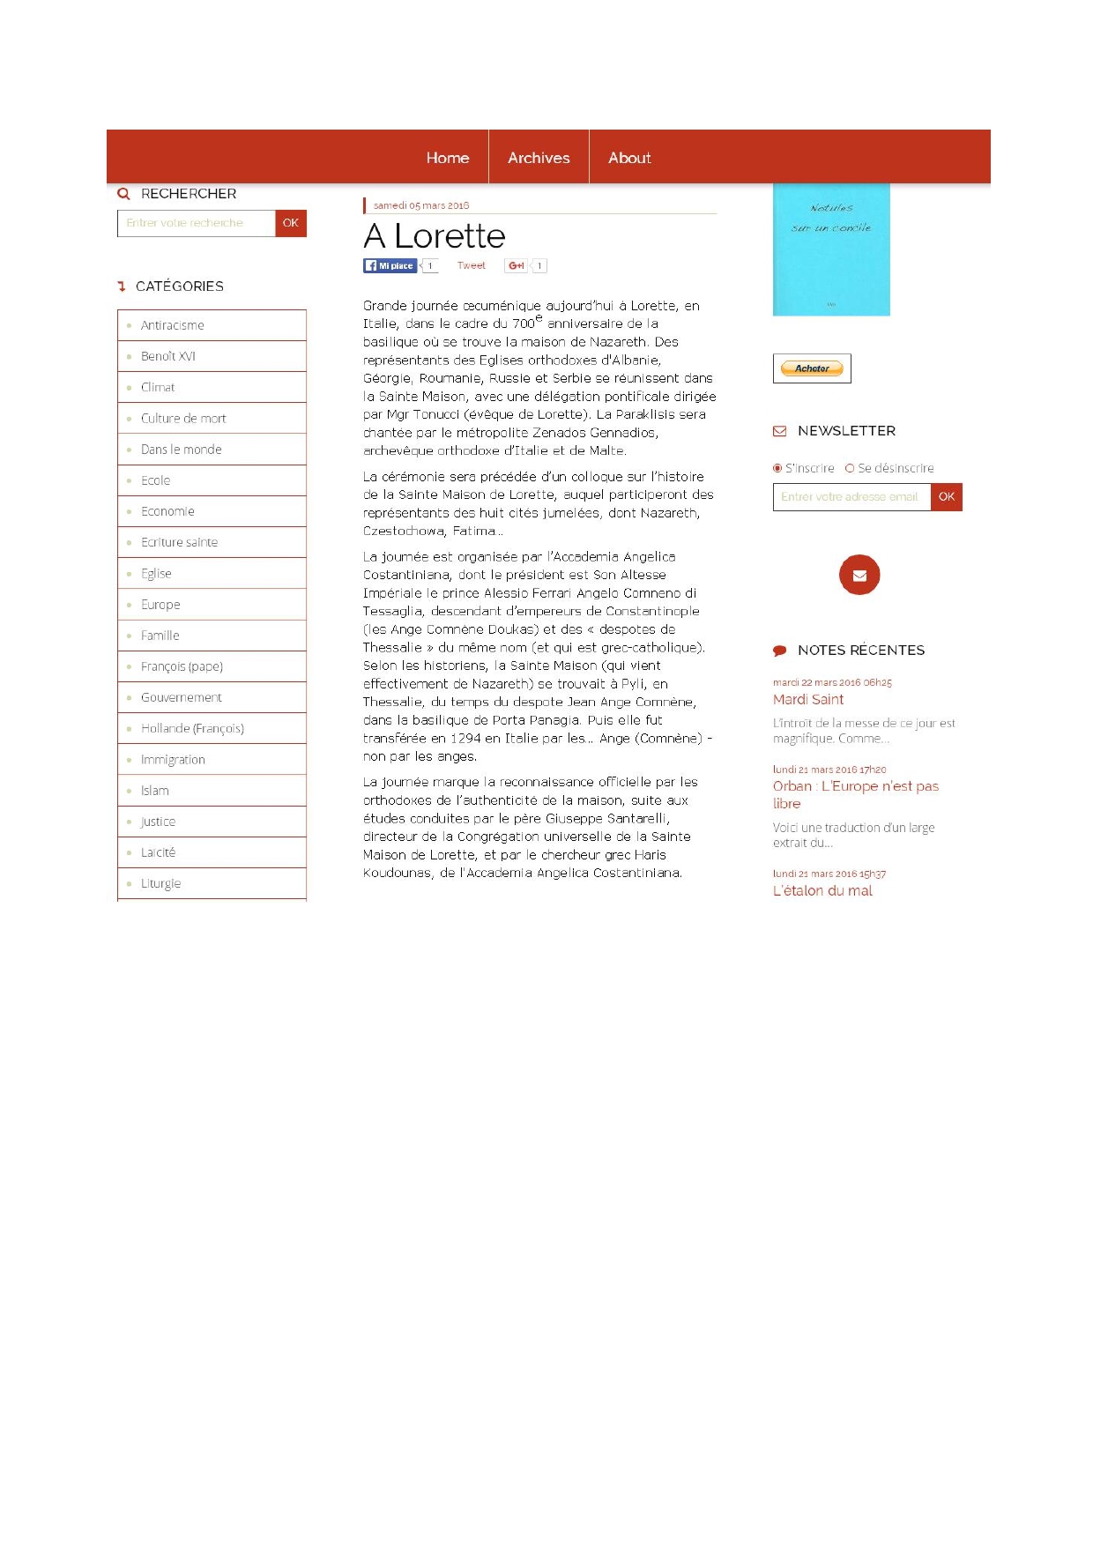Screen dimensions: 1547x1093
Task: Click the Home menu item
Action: pyautogui.click(x=447, y=158)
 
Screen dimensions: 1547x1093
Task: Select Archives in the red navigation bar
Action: pyautogui.click(x=539, y=158)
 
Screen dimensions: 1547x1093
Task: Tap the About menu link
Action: pyautogui.click(x=629, y=158)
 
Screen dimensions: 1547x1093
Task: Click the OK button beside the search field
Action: pyautogui.click(x=291, y=223)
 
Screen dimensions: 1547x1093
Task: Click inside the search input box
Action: pyautogui.click(x=197, y=223)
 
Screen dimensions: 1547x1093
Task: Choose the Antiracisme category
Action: pyautogui.click(x=173, y=325)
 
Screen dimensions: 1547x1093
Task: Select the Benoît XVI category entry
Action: pyautogui.click(x=168, y=356)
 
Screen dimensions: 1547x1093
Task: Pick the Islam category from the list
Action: pyautogui.click(x=155, y=791)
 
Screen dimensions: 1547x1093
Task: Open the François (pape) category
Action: pyautogui.click(x=182, y=666)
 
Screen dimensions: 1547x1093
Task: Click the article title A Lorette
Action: pyautogui.click(x=435, y=236)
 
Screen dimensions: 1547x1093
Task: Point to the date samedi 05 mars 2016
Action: pyautogui.click(x=421, y=205)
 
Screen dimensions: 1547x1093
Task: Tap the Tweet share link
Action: pyautogui.click(x=471, y=265)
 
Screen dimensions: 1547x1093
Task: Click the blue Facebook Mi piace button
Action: pyautogui.click(x=390, y=265)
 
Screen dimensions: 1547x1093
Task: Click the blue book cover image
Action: pyautogui.click(x=831, y=249)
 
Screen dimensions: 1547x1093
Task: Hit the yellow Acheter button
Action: pyautogui.click(x=812, y=368)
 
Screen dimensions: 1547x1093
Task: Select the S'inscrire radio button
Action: pyautogui.click(x=777, y=468)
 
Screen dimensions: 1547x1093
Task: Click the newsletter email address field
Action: pyautogui.click(x=851, y=497)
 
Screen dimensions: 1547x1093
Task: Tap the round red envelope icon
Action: pyautogui.click(x=859, y=575)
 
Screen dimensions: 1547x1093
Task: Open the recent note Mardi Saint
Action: pyautogui.click(x=808, y=699)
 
